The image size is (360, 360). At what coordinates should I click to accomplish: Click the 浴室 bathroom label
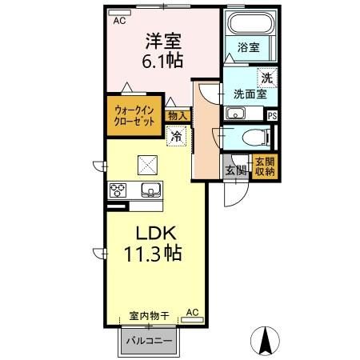click(248, 48)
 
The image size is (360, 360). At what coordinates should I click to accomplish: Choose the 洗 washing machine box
click(266, 78)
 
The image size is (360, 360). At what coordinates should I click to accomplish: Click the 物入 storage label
click(178, 116)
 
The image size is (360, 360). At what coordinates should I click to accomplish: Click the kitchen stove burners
click(119, 190)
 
